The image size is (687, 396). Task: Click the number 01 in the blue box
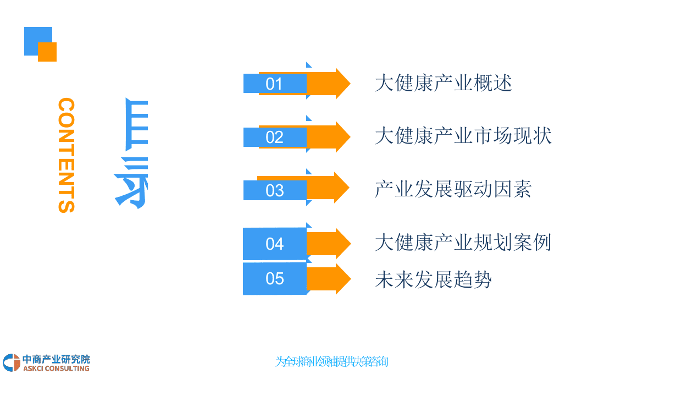(274, 84)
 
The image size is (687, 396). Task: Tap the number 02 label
(274, 137)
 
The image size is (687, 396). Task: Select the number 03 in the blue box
(274, 190)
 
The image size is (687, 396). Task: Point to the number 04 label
(274, 244)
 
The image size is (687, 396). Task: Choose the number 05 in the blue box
(274, 279)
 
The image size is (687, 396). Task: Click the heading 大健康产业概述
(443, 84)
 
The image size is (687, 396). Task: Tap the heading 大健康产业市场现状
(463, 136)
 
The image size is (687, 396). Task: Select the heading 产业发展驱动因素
(453, 189)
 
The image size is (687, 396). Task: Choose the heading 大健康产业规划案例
(463, 243)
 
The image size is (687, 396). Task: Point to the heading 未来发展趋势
(433, 279)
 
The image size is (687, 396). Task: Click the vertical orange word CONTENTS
(66, 155)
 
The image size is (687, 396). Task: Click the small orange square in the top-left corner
(48, 52)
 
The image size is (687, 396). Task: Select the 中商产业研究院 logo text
(56, 359)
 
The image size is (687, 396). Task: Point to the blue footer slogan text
(332, 362)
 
